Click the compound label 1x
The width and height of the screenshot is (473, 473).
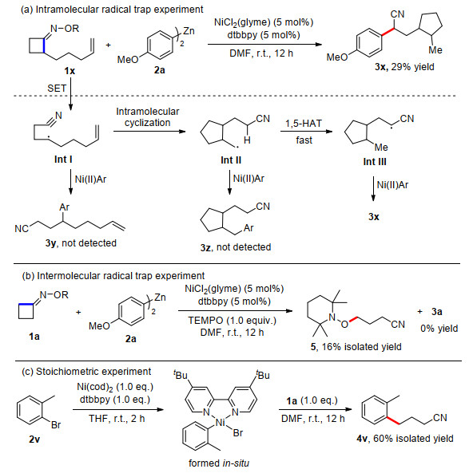(x=70, y=71)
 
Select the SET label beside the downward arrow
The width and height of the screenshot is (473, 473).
(x=57, y=88)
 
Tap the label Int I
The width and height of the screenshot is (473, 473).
(x=63, y=159)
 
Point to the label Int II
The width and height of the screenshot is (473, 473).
(x=231, y=160)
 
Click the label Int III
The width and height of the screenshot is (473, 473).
(x=375, y=162)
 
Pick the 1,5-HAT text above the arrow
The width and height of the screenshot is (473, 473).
(x=304, y=124)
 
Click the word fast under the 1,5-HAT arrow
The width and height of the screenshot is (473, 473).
(x=304, y=140)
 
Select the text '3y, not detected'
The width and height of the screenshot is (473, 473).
(x=81, y=242)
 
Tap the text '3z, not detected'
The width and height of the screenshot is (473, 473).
(x=236, y=247)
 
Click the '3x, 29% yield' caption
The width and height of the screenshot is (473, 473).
(x=404, y=67)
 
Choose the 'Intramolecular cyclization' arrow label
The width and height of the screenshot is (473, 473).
(x=148, y=117)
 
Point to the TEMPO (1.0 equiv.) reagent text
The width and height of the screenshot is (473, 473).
(x=233, y=320)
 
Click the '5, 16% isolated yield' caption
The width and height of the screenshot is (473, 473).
(x=356, y=347)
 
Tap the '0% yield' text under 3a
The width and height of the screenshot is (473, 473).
(x=439, y=328)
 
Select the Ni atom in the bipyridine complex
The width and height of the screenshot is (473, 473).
(x=221, y=423)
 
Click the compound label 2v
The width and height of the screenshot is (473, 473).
(x=34, y=439)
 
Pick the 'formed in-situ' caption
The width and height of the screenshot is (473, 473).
(x=219, y=463)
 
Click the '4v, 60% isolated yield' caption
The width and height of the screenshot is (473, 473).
(x=405, y=439)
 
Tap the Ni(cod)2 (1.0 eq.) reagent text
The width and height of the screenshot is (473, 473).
(x=115, y=387)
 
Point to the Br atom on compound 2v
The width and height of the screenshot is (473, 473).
(x=56, y=425)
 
